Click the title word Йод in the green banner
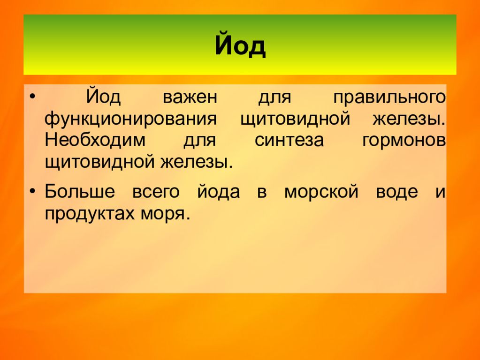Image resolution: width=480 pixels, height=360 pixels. pos(240,45)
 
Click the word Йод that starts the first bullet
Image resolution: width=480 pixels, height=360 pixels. pos(103,98)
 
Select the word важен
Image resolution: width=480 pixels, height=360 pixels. pos(190,98)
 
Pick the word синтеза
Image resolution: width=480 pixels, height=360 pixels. pos(289,141)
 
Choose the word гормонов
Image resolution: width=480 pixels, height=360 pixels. pos(404,141)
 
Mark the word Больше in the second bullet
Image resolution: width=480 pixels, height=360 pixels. pos(79,192)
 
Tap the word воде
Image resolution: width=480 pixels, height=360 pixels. pos(396,192)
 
